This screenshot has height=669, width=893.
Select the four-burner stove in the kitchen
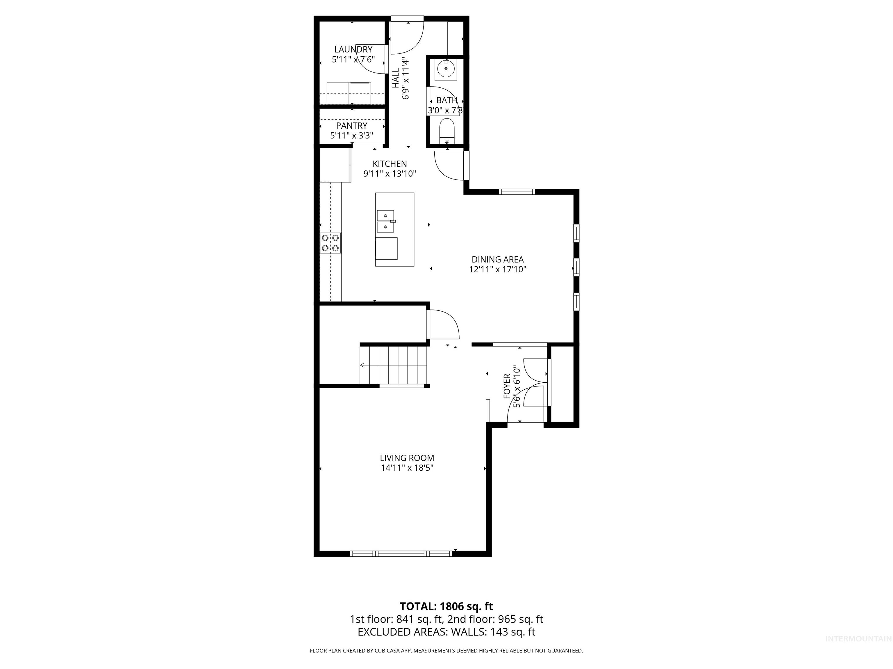click(330, 243)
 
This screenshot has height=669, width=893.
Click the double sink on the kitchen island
click(385, 221)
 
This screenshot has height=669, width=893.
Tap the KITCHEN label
click(389, 164)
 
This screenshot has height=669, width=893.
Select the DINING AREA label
click(497, 260)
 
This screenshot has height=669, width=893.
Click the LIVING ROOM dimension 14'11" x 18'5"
click(407, 468)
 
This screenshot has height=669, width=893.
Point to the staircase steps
click(394, 365)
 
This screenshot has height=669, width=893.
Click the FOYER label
click(507, 386)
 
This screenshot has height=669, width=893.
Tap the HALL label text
click(396, 78)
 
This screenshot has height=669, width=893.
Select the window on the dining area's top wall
click(517, 192)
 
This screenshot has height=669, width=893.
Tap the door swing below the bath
click(449, 165)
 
